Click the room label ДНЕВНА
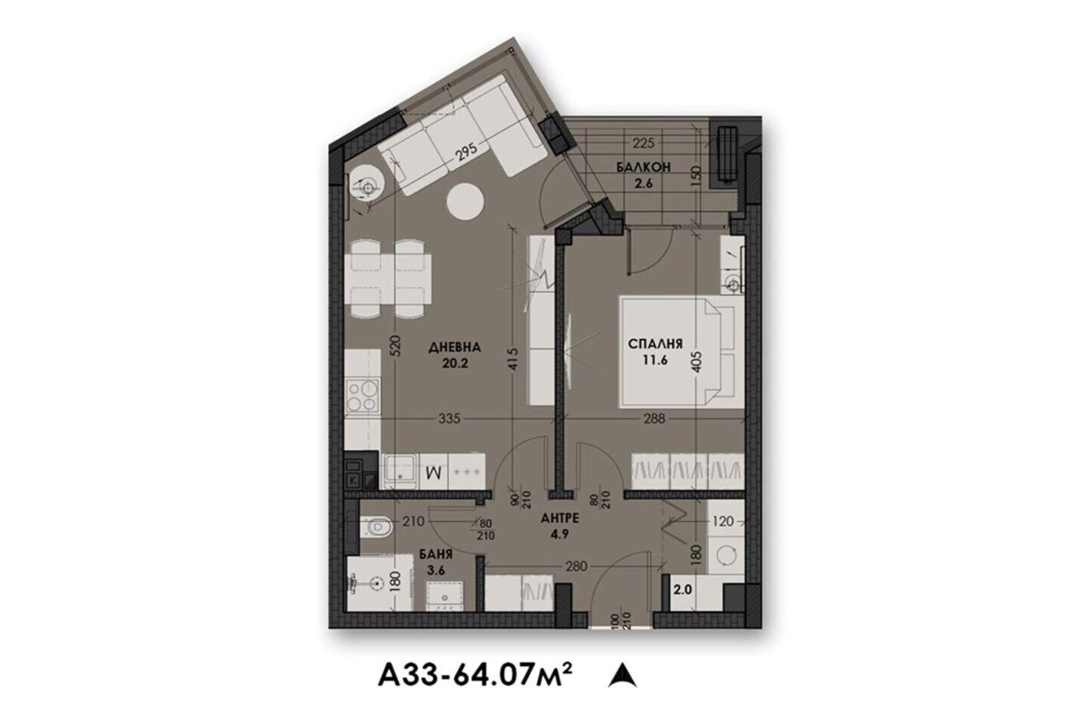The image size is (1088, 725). click(x=454, y=347)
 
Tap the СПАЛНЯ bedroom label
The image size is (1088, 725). click(x=655, y=344)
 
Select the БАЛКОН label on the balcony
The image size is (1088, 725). click(x=643, y=167)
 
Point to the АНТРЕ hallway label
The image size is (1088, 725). click(x=560, y=518)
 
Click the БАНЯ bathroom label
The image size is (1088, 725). click(x=435, y=554)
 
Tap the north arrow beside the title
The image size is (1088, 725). click(x=623, y=675)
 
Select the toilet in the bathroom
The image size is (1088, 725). click(x=376, y=527)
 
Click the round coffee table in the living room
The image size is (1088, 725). click(x=465, y=201)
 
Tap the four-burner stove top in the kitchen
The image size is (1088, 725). click(x=363, y=396)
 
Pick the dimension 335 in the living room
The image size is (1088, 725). click(x=449, y=418)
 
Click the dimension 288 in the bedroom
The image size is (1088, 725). click(x=654, y=418)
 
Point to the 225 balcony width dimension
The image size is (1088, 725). click(x=643, y=143)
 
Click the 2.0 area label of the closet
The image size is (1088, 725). click(x=682, y=590)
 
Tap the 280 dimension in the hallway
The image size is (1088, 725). click(x=576, y=566)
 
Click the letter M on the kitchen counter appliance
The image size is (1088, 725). click(x=433, y=472)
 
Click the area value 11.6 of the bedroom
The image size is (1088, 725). click(x=655, y=359)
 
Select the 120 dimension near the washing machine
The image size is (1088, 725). click(x=722, y=522)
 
